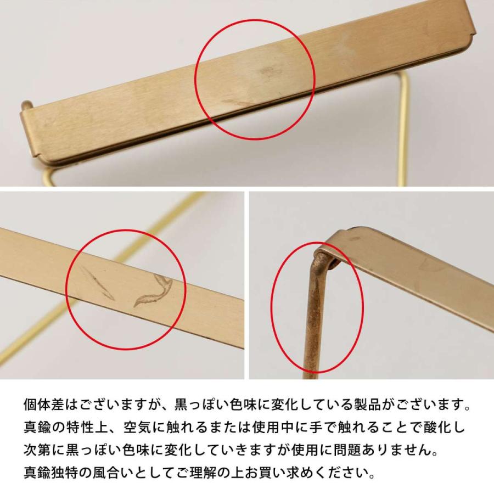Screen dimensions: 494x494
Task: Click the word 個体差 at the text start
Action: coord(43,407)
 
